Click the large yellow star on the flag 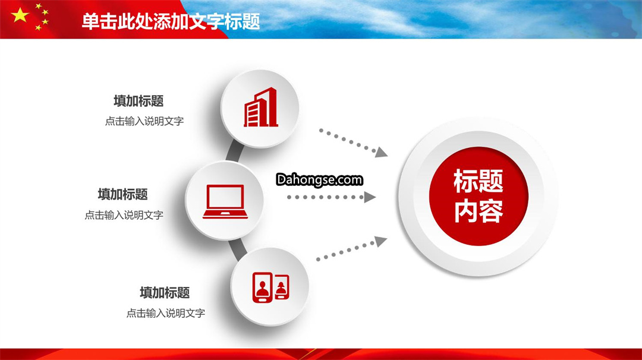click(x=20, y=15)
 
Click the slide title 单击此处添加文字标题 click(x=171, y=21)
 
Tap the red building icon click(x=261, y=107)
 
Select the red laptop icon click(x=225, y=201)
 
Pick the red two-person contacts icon click(x=270, y=287)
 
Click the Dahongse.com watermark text click(x=319, y=179)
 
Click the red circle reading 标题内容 click(x=479, y=196)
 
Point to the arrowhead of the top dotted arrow click(x=381, y=152)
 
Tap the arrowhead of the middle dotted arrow click(x=370, y=197)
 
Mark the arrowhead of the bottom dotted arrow click(x=381, y=241)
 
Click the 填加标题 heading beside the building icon click(x=139, y=101)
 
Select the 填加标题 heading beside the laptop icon click(x=123, y=194)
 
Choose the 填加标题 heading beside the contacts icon click(x=165, y=292)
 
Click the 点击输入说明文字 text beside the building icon click(x=144, y=121)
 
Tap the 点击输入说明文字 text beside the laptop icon click(x=124, y=215)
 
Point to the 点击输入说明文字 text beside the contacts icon click(x=165, y=313)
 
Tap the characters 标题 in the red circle click(x=479, y=181)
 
